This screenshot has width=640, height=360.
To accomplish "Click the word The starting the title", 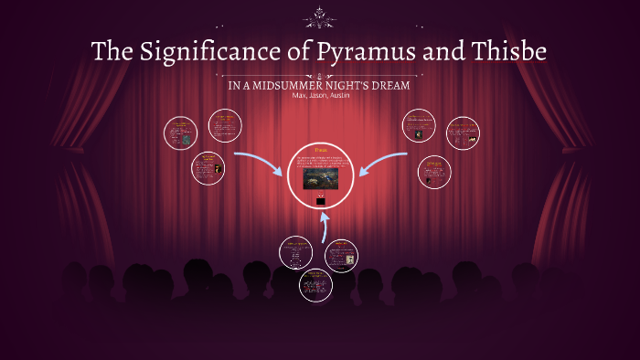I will [112, 51].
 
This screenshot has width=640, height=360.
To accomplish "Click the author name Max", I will [299, 94].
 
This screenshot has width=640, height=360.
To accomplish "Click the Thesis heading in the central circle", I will [320, 150].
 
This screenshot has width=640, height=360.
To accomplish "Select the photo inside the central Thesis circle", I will [320, 177].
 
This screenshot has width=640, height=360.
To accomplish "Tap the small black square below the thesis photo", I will [320, 196].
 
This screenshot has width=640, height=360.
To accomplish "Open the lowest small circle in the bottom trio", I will [315, 285].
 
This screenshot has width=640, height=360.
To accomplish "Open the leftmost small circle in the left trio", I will [181, 132].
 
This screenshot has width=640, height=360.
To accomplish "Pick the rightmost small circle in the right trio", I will [463, 132].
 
